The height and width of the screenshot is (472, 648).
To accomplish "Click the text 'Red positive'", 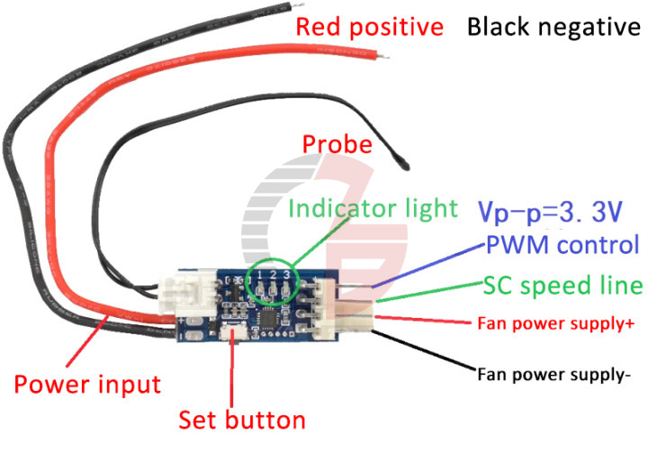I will [x=370, y=27].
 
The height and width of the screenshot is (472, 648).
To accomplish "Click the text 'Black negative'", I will [x=553, y=27].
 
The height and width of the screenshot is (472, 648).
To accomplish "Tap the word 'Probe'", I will [x=337, y=144].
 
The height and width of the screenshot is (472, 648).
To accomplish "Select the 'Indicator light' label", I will [x=373, y=209].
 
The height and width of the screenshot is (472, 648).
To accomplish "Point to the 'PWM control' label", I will [x=562, y=245].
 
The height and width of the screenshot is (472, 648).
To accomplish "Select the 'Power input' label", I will [x=87, y=385].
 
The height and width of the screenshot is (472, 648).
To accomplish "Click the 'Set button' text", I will [x=241, y=420].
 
